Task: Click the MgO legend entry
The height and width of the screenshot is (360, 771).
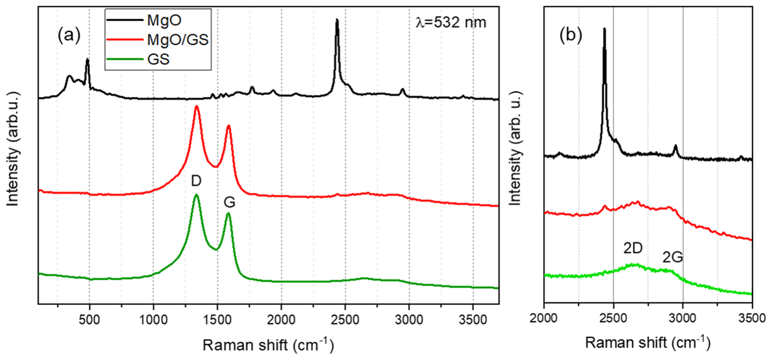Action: (x=164, y=20)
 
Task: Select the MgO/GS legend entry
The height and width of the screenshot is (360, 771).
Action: (x=178, y=39)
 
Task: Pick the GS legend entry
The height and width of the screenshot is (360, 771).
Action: (x=158, y=59)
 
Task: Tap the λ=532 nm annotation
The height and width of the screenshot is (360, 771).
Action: (x=451, y=22)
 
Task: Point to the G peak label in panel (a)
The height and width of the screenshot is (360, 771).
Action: (x=230, y=203)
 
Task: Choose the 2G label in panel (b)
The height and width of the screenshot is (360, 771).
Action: (x=673, y=257)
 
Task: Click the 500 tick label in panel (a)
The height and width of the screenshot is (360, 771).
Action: (x=89, y=320)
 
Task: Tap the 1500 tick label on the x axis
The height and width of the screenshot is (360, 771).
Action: (x=217, y=320)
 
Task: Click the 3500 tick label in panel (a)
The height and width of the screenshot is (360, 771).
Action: (x=473, y=320)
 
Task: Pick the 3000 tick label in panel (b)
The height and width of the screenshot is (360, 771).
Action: (x=683, y=318)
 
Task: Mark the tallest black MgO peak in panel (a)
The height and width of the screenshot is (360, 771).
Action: (x=337, y=20)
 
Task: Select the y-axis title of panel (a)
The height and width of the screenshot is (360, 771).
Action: (x=13, y=149)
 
